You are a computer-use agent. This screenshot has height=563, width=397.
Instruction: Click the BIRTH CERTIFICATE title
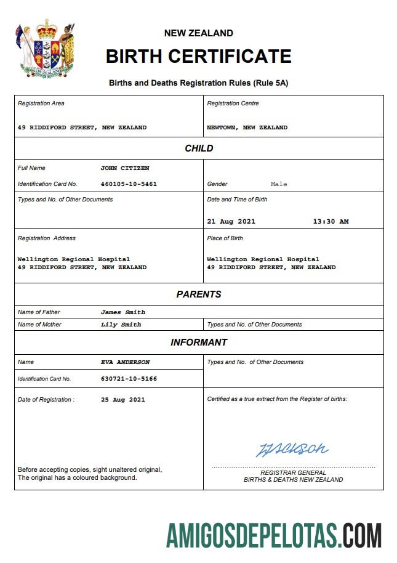(198, 56)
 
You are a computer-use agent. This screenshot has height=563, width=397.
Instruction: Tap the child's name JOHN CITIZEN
(125, 168)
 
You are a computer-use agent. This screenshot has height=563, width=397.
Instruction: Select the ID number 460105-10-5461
(129, 184)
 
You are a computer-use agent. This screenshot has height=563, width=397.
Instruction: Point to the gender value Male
(279, 184)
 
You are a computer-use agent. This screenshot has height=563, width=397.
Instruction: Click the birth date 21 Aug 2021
(231, 222)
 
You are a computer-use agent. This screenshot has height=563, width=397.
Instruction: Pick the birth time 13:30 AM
(331, 222)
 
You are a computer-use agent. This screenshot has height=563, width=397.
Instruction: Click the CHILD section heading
(199, 148)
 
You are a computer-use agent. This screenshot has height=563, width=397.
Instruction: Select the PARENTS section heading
(199, 294)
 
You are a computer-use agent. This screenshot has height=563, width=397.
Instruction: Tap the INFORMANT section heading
(199, 342)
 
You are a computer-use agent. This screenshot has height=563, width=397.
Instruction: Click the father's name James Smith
(123, 312)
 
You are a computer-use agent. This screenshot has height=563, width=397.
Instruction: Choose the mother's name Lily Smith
(121, 325)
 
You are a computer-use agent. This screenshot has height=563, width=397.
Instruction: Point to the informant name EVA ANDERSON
(125, 362)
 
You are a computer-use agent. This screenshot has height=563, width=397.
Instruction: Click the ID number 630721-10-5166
(129, 379)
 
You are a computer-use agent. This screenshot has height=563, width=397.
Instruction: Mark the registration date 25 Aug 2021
(123, 400)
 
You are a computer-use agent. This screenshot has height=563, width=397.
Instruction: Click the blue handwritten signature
(292, 449)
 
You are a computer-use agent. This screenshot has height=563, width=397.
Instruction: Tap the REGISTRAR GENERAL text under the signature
(293, 472)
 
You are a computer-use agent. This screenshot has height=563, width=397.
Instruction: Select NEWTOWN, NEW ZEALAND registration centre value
(247, 128)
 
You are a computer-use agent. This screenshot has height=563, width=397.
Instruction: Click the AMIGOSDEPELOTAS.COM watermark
(274, 535)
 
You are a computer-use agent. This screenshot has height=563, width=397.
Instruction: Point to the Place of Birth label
(225, 238)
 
